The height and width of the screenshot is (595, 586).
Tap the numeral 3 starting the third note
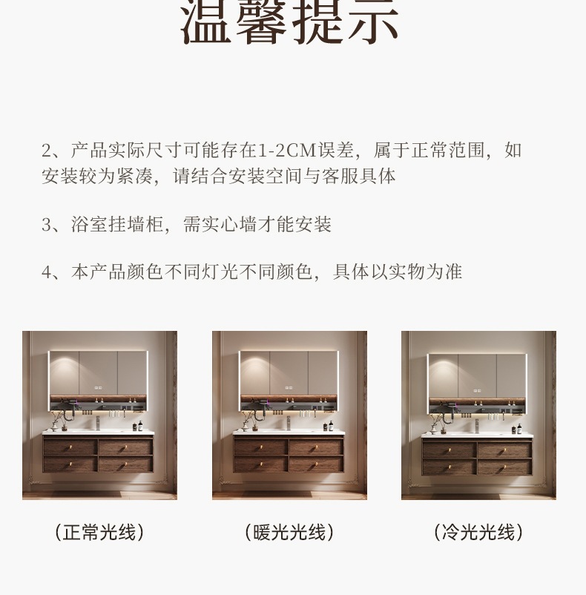[x=46, y=225]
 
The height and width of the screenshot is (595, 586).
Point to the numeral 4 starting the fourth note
[x=46, y=272]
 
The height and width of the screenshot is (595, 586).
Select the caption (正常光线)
[x=99, y=532]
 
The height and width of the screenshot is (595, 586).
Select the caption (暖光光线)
[x=289, y=532]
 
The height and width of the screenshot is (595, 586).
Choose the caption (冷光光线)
[x=478, y=532]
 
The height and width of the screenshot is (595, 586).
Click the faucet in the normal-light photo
[x=98, y=423]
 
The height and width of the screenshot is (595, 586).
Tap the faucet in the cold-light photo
[x=477, y=426]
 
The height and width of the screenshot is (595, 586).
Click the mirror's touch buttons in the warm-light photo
[x=289, y=388]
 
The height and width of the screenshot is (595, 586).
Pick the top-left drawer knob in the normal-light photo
[x=70, y=449]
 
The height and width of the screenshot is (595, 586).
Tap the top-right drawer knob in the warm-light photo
[x=315, y=449]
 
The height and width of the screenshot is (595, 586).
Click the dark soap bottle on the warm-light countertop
[x=331, y=425]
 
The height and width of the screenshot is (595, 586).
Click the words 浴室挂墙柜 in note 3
[x=118, y=225]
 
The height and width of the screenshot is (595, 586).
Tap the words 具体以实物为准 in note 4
[x=398, y=272]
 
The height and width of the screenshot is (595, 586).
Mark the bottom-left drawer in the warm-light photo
[x=260, y=464]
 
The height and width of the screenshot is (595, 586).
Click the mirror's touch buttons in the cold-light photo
[x=477, y=390]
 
